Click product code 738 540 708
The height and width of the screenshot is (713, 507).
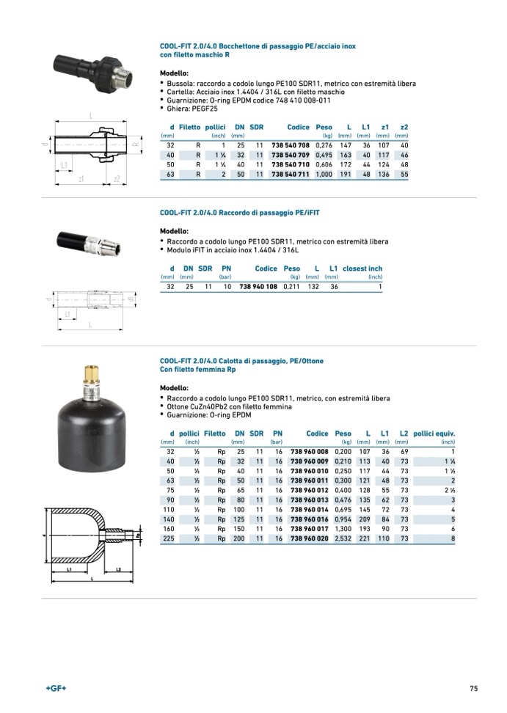[x=291, y=145]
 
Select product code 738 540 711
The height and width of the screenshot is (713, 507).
[x=291, y=175]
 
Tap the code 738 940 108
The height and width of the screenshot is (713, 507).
[x=258, y=287]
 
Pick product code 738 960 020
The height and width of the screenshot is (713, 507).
[x=310, y=538]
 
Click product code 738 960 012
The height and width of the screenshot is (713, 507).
[x=310, y=490]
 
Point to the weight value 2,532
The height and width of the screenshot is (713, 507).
[x=343, y=538]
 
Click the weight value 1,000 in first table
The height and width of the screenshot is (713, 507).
[x=324, y=175]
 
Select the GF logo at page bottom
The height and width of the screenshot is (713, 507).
[x=56, y=689]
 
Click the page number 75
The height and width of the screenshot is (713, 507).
[x=473, y=689]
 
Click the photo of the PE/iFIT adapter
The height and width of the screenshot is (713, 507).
[x=84, y=240]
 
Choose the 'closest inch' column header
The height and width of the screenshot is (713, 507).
[x=362, y=268]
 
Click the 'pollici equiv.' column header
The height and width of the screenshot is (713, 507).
[x=434, y=434]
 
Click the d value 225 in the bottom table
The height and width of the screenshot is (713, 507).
[x=168, y=538]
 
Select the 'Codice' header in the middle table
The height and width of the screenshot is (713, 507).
[x=266, y=268]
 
